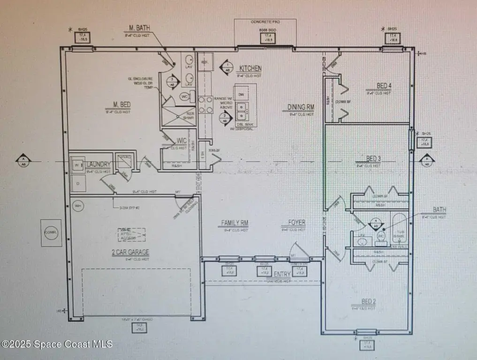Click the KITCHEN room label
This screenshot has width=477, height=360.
250,68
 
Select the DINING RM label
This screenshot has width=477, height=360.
301,107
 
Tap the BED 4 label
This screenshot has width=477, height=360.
384,86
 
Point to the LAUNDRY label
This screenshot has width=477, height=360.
98,165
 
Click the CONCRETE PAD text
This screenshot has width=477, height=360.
265,22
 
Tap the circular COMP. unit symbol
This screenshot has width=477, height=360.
51,232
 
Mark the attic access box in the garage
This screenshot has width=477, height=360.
131,234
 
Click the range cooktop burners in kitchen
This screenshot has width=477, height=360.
205,105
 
